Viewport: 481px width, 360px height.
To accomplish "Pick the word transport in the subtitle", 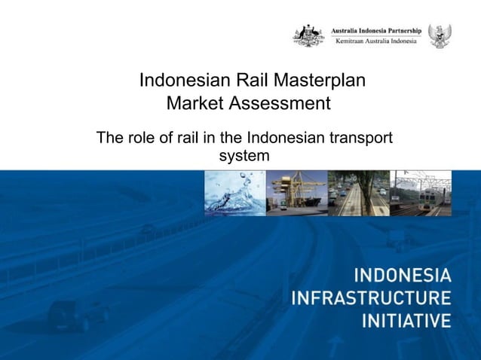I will coord(361,139).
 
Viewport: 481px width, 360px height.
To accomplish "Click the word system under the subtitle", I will coord(244,157).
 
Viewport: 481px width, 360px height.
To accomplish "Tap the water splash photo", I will coord(234,193).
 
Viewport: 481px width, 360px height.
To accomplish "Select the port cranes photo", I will coord(296,193).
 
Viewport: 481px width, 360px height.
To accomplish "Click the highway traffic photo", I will coord(358,193).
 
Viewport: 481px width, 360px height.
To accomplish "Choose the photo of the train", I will coord(421,193).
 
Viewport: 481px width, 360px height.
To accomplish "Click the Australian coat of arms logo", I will coord(308,35).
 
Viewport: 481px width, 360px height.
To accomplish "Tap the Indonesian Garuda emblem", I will coord(440,35).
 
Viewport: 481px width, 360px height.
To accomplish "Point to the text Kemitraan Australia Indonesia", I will coord(375,41).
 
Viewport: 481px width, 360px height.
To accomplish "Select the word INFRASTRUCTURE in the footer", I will coord(371,297).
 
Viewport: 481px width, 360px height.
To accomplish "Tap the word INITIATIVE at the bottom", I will coord(406,320).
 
